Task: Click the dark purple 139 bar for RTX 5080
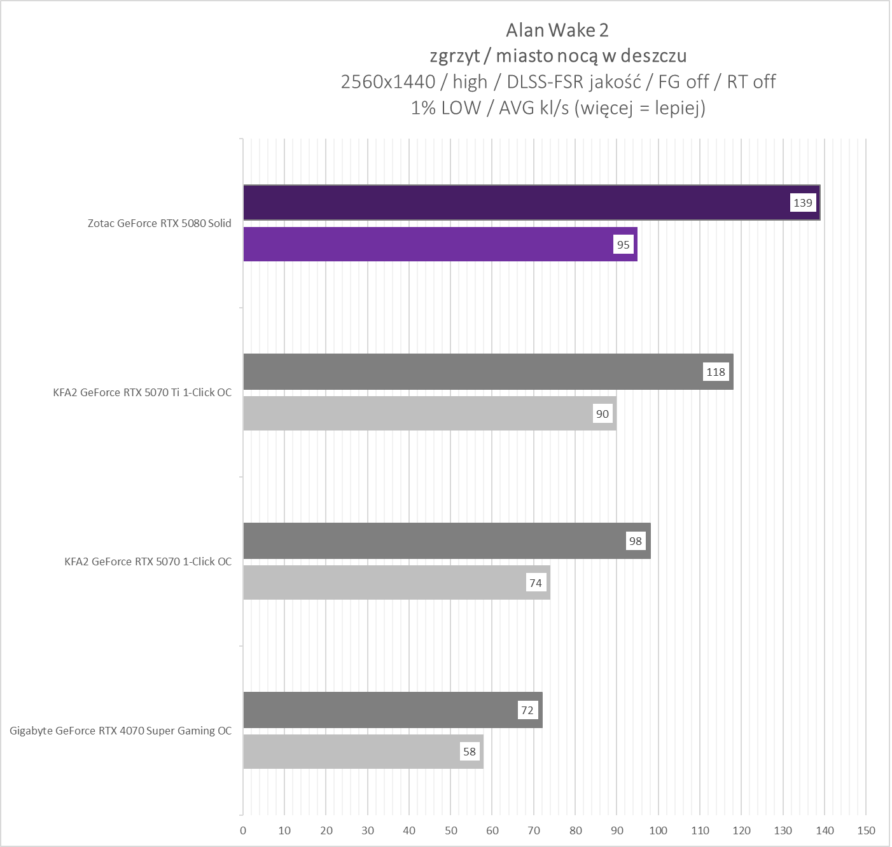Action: pos(509,203)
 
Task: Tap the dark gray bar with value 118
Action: pos(471,372)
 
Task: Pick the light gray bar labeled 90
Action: pos(414,413)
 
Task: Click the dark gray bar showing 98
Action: pos(433,541)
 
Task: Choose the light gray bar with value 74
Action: pos(382,582)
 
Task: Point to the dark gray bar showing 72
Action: pos(375,710)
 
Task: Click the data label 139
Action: pos(803,203)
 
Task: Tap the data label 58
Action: pos(470,752)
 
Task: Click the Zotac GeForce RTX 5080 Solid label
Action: pos(160,223)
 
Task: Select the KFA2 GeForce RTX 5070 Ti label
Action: pos(143,392)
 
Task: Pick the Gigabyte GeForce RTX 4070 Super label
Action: pos(121,731)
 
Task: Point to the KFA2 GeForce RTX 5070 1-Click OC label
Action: pos(148,561)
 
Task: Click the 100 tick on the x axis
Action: pos(658,830)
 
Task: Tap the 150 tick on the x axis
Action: pos(866,830)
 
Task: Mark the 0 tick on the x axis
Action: pos(243,830)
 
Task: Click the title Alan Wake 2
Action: pos(557,30)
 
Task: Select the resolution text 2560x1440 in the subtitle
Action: pos(388,82)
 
